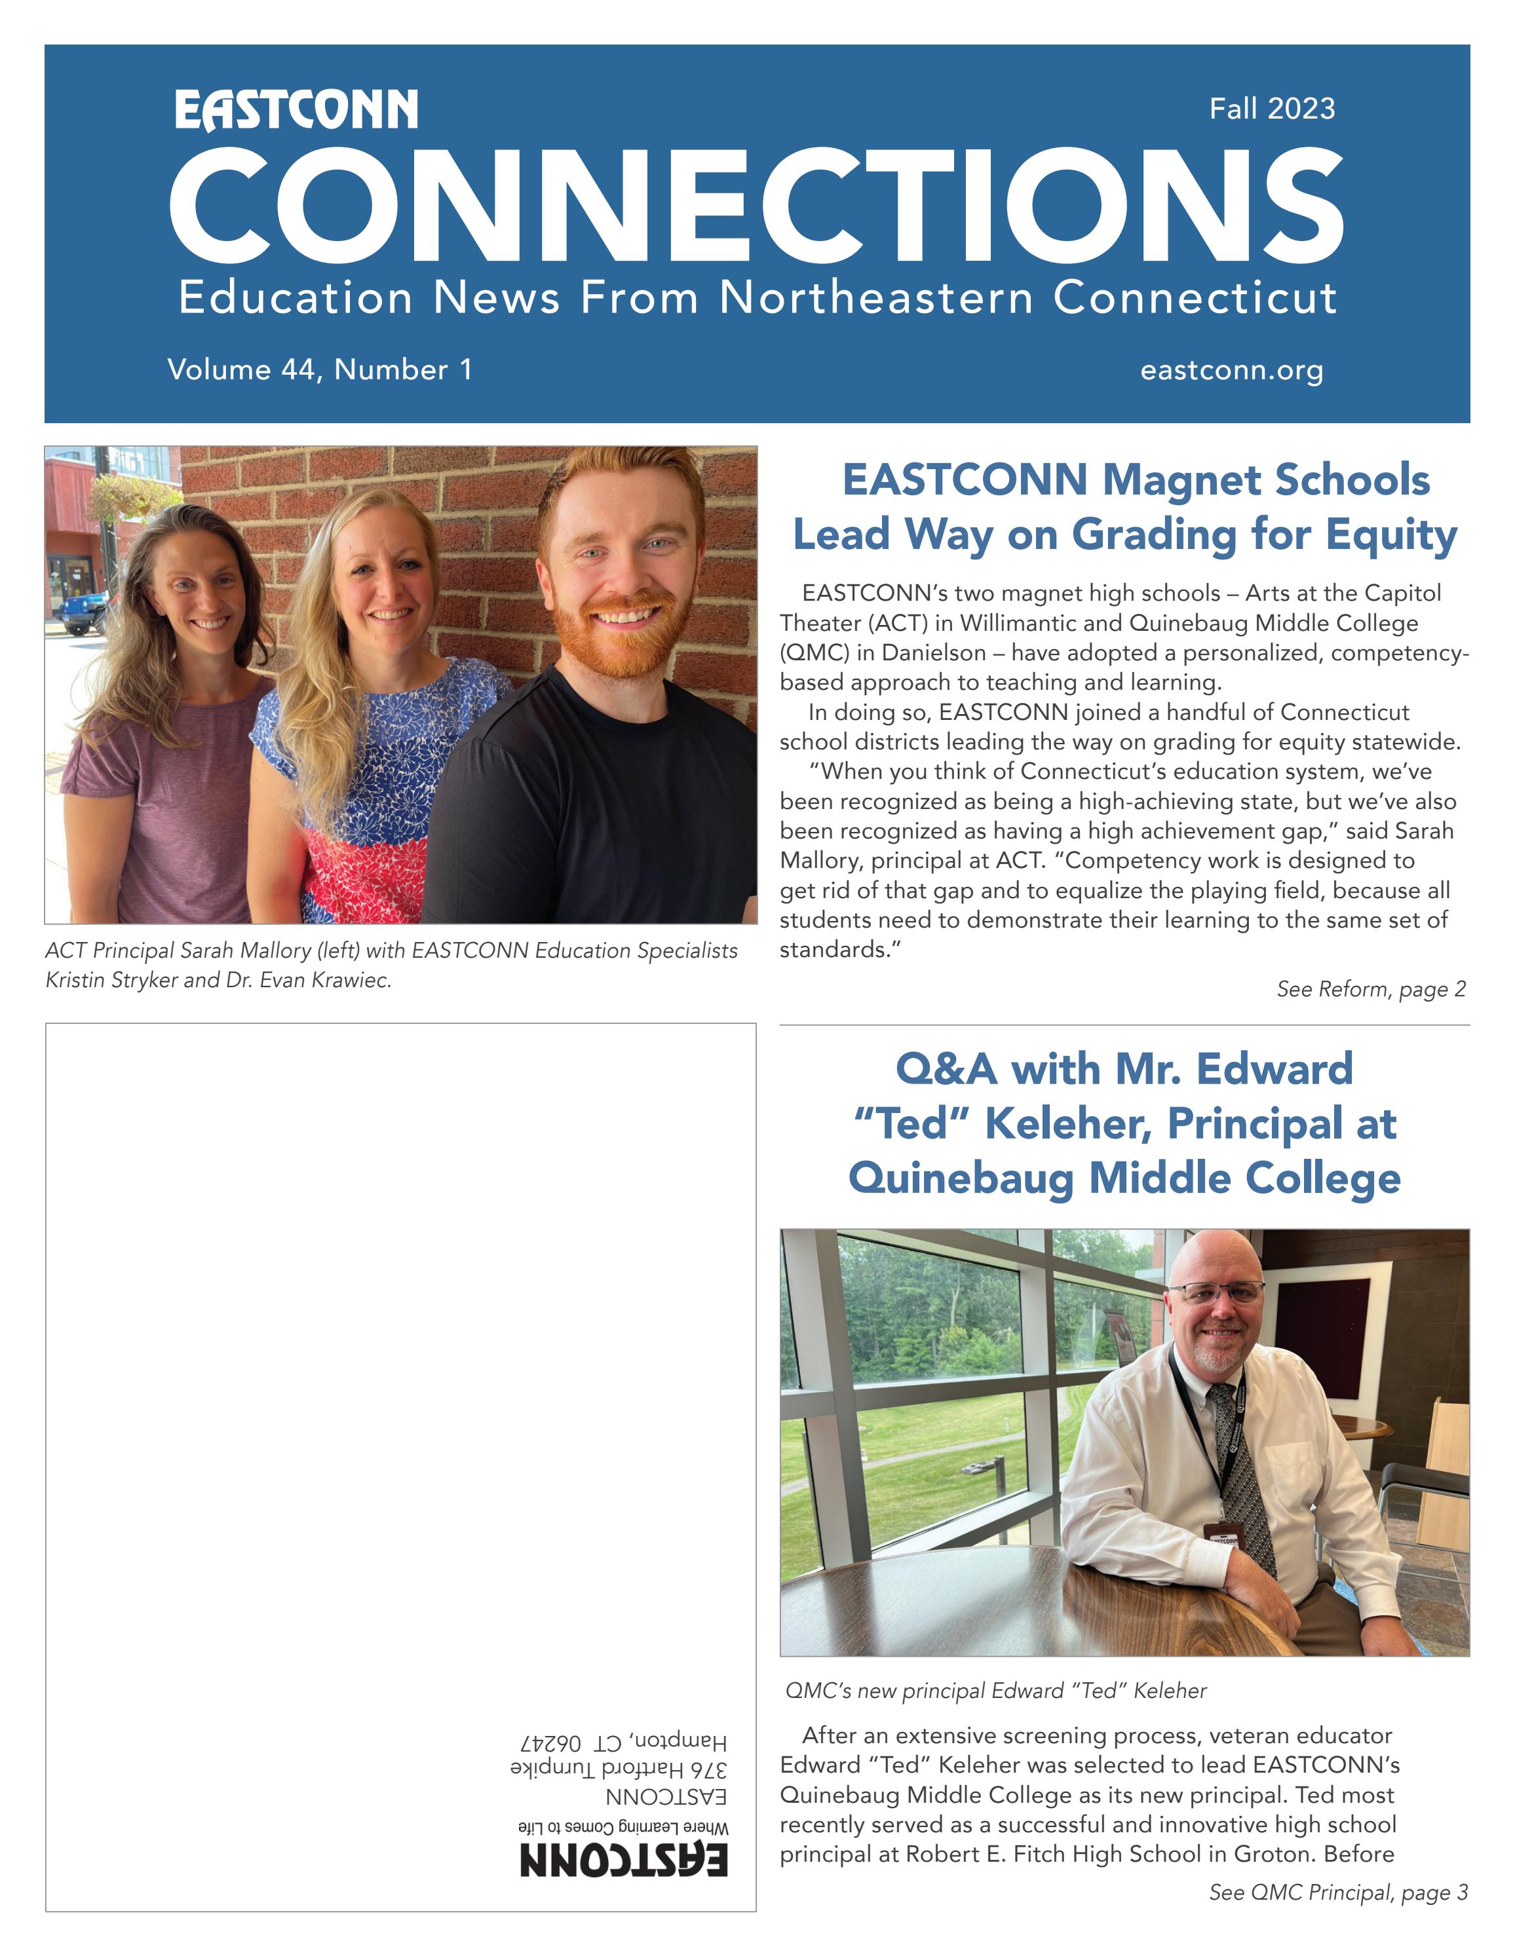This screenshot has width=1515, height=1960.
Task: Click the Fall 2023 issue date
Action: click(x=1272, y=109)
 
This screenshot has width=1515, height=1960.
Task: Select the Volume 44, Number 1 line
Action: click(x=320, y=369)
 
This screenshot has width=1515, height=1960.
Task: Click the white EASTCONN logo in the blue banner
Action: click(x=296, y=111)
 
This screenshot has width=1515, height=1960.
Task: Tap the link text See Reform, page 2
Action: click(x=1370, y=989)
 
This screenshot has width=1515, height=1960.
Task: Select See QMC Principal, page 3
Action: click(x=1338, y=1892)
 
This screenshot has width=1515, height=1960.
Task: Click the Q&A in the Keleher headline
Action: click(x=946, y=1070)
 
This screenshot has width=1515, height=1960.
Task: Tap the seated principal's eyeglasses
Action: click(x=1216, y=1293)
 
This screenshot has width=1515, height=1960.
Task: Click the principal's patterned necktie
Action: click(x=1243, y=1472)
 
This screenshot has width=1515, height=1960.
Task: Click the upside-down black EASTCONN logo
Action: click(x=624, y=1860)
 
